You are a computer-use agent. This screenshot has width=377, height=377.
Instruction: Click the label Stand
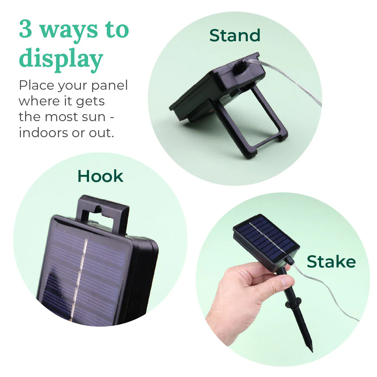point(235,35)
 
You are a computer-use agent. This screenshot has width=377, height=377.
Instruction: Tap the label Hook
point(100,176)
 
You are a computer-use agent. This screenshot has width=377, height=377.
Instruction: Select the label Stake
point(331,261)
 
